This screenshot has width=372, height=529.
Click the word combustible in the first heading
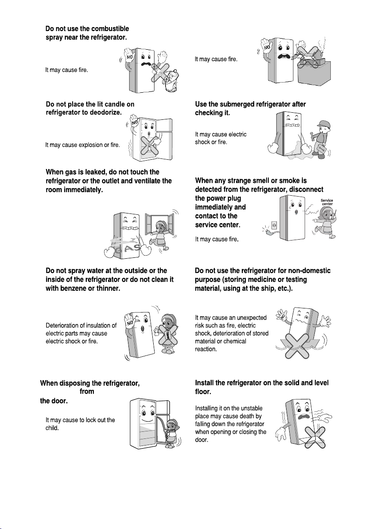(110, 29)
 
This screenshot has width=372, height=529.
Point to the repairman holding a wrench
(321, 138)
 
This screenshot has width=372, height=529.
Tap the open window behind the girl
(160, 223)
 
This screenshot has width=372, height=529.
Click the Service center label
(327, 202)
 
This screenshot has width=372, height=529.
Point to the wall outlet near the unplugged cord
(274, 225)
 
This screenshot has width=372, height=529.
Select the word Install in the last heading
(204, 383)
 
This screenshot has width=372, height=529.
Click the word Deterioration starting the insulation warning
(61, 326)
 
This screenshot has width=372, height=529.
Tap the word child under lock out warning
(52, 428)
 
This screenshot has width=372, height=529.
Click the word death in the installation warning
(248, 416)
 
